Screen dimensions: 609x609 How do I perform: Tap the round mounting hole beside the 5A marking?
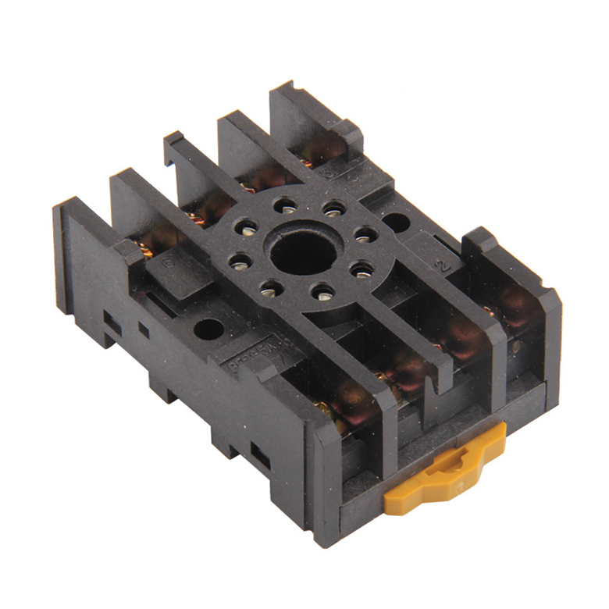pyautogui.click(x=208, y=329)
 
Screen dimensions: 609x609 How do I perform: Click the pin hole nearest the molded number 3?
pyautogui.click(x=333, y=209)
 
